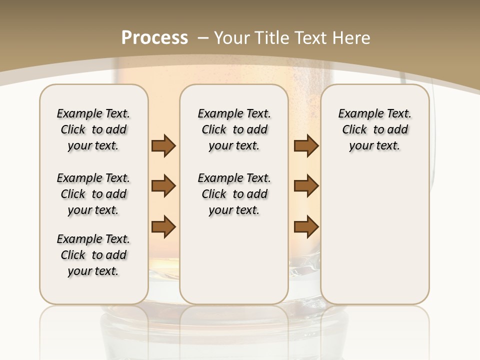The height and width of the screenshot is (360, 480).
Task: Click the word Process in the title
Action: pyautogui.click(x=154, y=37)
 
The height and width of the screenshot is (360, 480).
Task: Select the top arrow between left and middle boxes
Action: pyautogui.click(x=163, y=146)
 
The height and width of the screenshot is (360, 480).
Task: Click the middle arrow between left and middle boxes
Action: pyautogui.click(x=163, y=186)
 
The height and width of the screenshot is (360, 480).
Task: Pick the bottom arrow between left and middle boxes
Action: pyautogui.click(x=163, y=226)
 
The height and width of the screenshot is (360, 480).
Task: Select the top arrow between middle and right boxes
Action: pyautogui.click(x=306, y=146)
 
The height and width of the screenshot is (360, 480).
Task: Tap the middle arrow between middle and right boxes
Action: pyautogui.click(x=306, y=186)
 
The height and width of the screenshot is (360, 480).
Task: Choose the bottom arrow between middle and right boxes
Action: pyautogui.click(x=306, y=226)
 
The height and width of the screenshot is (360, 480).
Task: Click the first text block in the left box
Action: pyautogui.click(x=93, y=129)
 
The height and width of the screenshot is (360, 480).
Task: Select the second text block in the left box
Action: pyautogui.click(x=93, y=194)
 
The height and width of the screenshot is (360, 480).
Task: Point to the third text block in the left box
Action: pyautogui.click(x=93, y=255)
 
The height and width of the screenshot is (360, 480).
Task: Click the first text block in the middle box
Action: pyautogui.click(x=234, y=129)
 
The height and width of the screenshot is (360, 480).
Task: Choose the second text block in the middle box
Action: pyautogui.click(x=234, y=194)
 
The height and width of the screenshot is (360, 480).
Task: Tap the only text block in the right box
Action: pyautogui.click(x=375, y=129)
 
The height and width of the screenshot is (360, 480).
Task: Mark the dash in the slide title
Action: pyautogui.click(x=203, y=38)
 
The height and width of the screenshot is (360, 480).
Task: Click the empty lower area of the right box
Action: pyautogui.click(x=375, y=235)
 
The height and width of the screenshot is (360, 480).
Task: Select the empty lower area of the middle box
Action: pyautogui.click(x=234, y=260)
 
